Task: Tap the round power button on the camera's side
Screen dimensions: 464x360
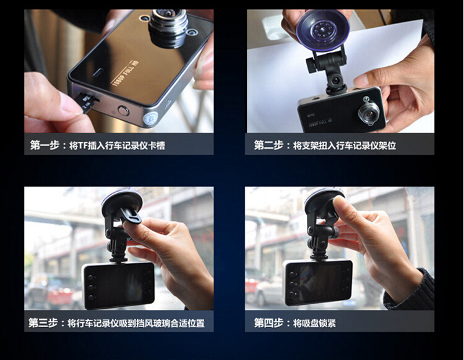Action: pos(123,111)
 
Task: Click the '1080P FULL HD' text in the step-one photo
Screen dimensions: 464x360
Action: pos(125,73)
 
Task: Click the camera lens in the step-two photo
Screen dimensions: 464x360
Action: pos(369,113)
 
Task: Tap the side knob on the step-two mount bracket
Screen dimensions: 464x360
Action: pos(312,65)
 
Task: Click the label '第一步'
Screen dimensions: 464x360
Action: pos(45,145)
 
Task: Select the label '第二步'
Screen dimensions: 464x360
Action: pos(269,145)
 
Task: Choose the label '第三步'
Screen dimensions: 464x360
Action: pos(43,323)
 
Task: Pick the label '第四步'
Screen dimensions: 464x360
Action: pos(269,323)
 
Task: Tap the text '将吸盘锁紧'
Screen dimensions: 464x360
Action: pos(314,323)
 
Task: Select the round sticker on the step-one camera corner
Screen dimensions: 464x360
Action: pos(151,118)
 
